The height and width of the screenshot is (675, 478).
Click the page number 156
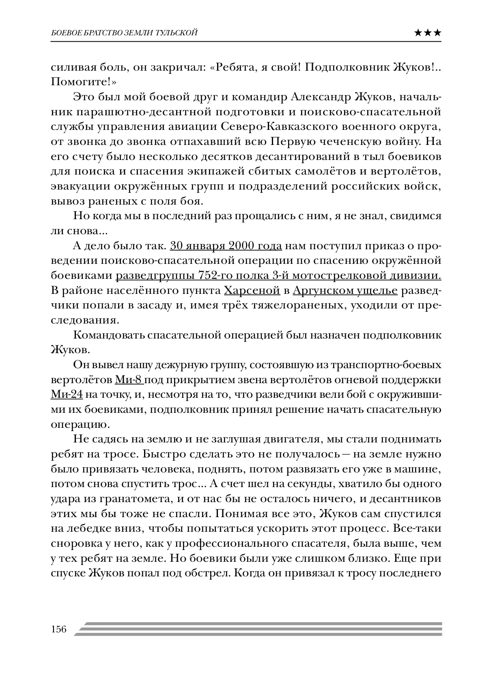pyautogui.click(x=58, y=629)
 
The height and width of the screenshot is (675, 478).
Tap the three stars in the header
pyautogui.click(x=428, y=33)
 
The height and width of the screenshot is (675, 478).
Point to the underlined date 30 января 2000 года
pyautogui.click(x=226, y=246)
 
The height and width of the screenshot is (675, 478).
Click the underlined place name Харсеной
pyautogui.click(x=252, y=291)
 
